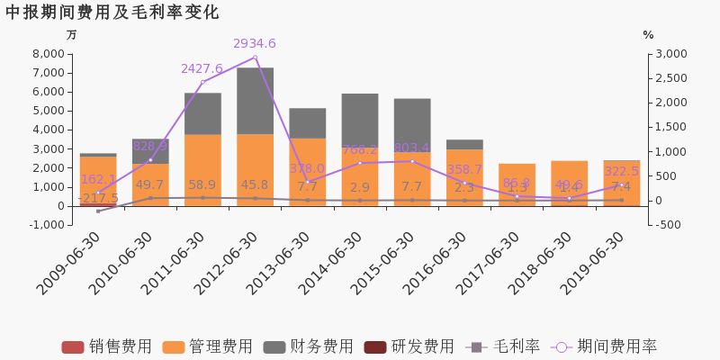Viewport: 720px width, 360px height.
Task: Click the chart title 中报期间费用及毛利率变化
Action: coord(112,13)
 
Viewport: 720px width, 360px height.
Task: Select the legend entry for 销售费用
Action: coord(107,347)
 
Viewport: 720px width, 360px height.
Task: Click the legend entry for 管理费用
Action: coord(208,347)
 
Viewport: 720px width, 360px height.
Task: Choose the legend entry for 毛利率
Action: coord(503,347)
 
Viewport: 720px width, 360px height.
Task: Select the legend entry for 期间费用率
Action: coord(605,347)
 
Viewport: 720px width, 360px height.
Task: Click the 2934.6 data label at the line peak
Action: coord(255,43)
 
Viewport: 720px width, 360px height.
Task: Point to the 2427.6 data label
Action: coord(202,68)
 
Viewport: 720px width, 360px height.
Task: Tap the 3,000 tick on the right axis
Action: coord(669,54)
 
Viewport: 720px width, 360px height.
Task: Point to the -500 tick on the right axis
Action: coord(668,225)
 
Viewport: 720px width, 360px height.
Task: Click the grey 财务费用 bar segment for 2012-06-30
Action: coord(255,101)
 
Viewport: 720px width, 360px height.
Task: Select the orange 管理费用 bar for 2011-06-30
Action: coord(202,170)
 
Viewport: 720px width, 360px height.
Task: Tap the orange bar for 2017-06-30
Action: coord(517,184)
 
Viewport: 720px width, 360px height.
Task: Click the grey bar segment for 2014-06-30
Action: coord(360,120)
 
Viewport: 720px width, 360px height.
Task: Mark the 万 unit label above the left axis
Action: coord(71,35)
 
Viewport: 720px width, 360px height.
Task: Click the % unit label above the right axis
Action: coord(648,35)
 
